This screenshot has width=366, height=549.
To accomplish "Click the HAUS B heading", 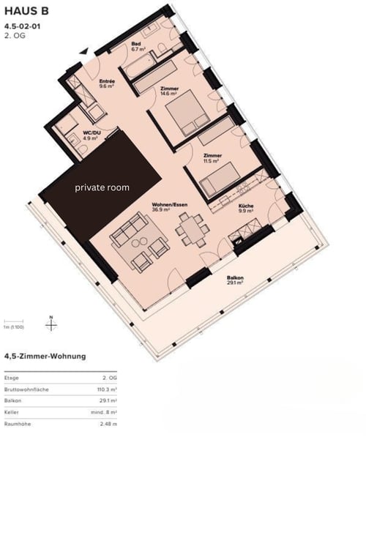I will point(26,12).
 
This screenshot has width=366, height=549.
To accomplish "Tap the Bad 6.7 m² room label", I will point(136,46).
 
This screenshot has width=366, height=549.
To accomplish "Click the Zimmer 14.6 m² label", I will point(169,91).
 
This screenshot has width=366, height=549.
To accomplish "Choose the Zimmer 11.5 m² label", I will point(212,159).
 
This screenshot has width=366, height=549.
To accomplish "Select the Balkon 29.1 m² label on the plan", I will point(235,280).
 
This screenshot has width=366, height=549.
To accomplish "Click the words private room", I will point(102,188).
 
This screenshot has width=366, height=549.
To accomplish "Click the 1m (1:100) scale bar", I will point(15,324).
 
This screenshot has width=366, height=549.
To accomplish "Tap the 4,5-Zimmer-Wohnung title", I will point(45,356).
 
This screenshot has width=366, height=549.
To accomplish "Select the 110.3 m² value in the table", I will point(105,389).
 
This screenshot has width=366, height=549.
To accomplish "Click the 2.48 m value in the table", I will point(108,424).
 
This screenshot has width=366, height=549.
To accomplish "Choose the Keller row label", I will point(12,412).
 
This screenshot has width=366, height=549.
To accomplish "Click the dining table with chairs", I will point(189,228).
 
